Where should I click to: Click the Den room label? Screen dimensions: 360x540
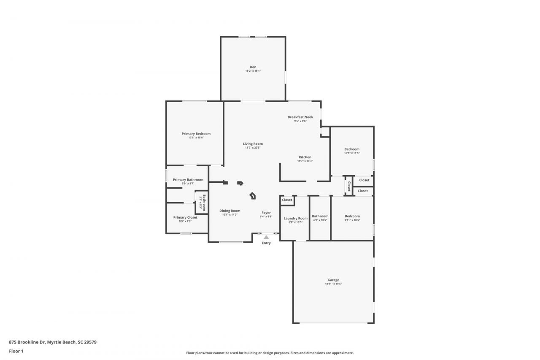click(253, 67)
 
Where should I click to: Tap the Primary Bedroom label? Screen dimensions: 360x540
click(196, 134)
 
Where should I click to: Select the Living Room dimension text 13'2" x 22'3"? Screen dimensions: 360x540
click(253, 148)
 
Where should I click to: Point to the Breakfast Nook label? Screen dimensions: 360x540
click(300, 117)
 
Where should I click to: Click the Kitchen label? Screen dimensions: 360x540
click(305, 157)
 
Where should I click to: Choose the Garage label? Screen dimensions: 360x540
click(333, 280)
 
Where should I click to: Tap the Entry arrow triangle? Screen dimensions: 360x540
click(266, 237)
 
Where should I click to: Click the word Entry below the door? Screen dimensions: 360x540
click(266, 243)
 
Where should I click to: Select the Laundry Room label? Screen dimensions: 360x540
click(296, 218)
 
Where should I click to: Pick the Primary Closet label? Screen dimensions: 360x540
click(185, 217)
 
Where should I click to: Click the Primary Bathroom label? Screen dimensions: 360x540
click(188, 179)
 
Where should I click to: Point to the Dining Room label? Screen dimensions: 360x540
click(230, 211)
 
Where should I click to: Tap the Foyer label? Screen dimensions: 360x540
click(266, 213)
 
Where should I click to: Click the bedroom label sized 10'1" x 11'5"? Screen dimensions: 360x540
click(352, 149)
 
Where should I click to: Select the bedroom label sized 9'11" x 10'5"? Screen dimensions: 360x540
click(352, 216)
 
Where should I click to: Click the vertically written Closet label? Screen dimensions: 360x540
click(349, 186)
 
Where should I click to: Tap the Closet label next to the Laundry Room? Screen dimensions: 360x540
click(287, 200)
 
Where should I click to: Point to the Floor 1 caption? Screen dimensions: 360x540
click(16, 351)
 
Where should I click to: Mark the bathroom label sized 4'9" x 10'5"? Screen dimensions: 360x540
click(320, 216)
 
